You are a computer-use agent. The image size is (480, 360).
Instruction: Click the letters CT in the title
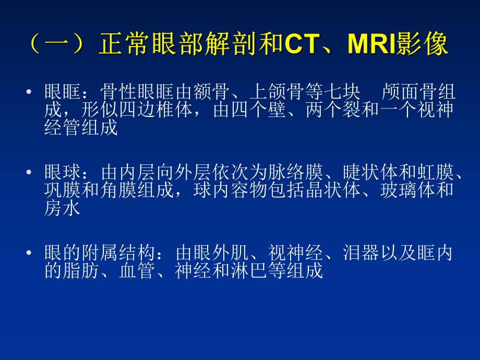302,45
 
